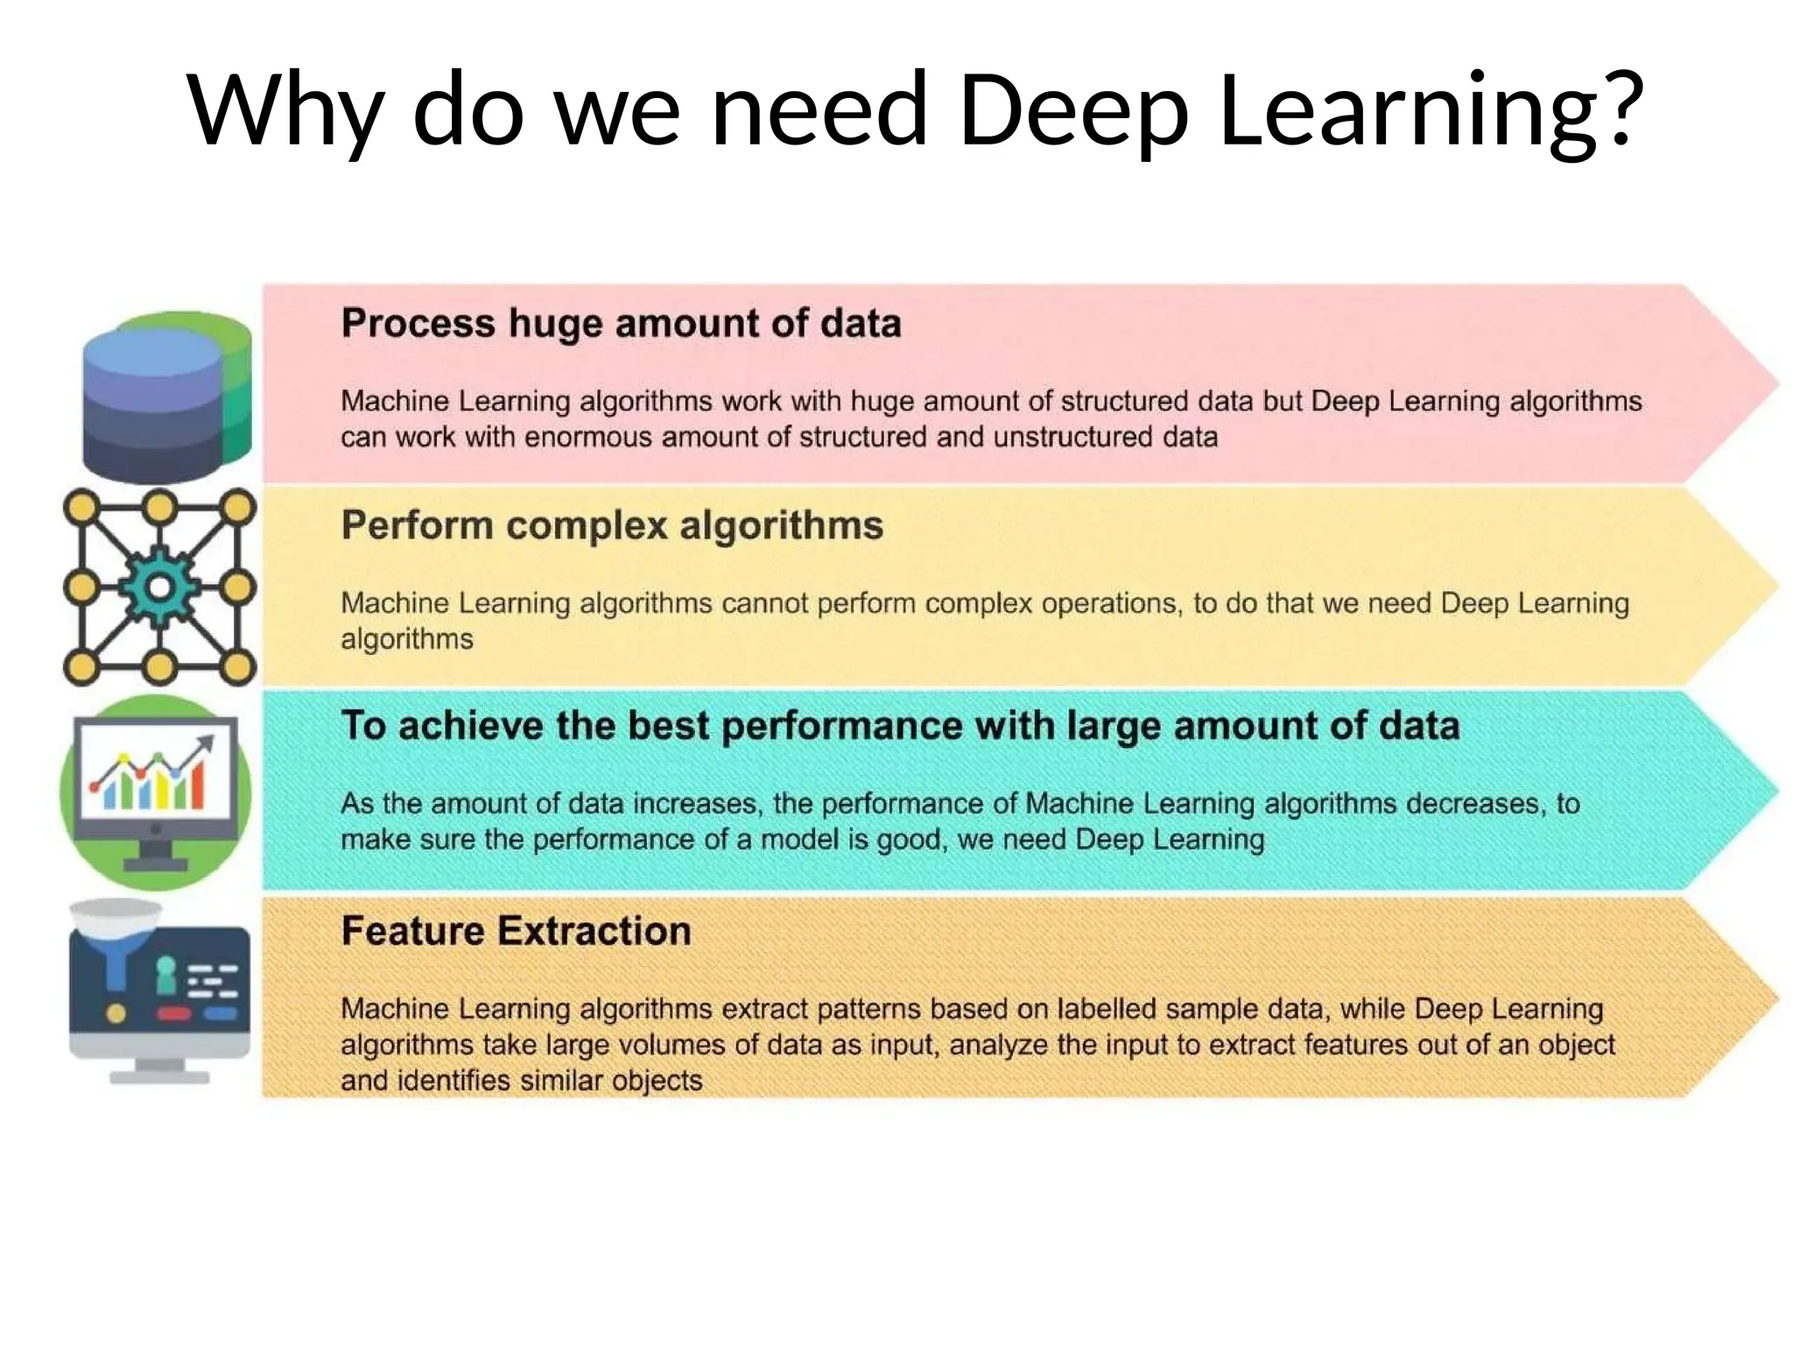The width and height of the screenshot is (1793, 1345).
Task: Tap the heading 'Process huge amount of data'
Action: click(x=621, y=323)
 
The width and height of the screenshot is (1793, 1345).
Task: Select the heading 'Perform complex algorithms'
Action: click(x=612, y=525)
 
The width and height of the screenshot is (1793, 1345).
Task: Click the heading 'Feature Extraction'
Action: click(x=516, y=931)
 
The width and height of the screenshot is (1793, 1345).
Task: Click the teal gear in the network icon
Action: click(x=159, y=588)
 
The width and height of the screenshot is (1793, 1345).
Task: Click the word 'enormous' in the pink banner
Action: click(x=587, y=437)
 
